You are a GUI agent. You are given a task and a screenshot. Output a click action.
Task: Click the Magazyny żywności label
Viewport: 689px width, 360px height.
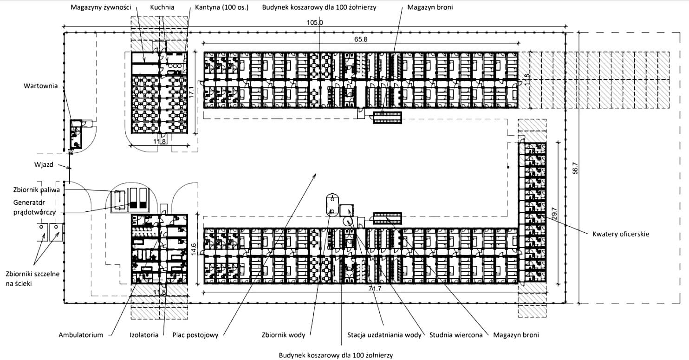pyautogui.click(x=101, y=8)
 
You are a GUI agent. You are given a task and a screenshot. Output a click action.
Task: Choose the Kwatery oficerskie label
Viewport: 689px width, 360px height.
pyautogui.click(x=620, y=234)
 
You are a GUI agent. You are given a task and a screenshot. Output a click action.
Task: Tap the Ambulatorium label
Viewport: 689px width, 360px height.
pyautogui.click(x=80, y=334)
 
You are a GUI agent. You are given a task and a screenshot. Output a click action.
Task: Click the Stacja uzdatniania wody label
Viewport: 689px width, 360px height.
pyautogui.click(x=384, y=334)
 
